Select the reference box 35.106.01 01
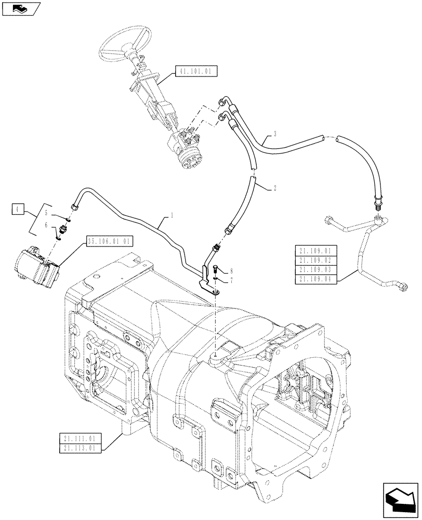tap(110, 241)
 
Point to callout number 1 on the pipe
tap(172, 215)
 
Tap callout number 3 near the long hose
tap(274, 134)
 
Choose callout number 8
tap(231, 271)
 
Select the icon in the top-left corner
tap(20, 8)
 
